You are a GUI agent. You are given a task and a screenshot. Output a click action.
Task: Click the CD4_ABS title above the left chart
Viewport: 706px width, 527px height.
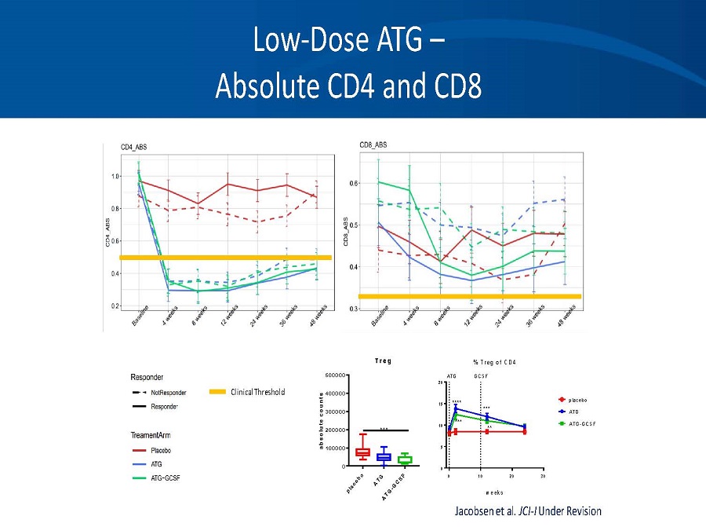point(133,147)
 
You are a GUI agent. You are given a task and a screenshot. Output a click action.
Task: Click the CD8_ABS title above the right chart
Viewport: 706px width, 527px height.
point(373,145)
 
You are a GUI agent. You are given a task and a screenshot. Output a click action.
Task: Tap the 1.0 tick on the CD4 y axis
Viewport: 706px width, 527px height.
point(115,176)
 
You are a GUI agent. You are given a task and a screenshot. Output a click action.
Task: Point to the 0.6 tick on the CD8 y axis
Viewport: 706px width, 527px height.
point(353,183)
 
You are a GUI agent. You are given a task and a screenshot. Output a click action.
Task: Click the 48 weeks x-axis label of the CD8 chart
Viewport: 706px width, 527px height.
point(566,319)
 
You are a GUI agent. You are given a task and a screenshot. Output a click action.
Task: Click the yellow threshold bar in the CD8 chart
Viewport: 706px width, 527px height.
point(469,296)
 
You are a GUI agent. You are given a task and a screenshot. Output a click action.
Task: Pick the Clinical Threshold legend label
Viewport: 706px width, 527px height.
point(257,392)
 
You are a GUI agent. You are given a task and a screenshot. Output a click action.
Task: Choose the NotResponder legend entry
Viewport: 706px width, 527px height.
point(168,392)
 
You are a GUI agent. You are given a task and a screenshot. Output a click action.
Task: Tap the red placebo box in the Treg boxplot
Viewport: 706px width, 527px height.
point(362,452)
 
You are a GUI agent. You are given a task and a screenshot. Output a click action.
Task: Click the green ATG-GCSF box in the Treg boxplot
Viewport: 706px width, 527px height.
point(405,459)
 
